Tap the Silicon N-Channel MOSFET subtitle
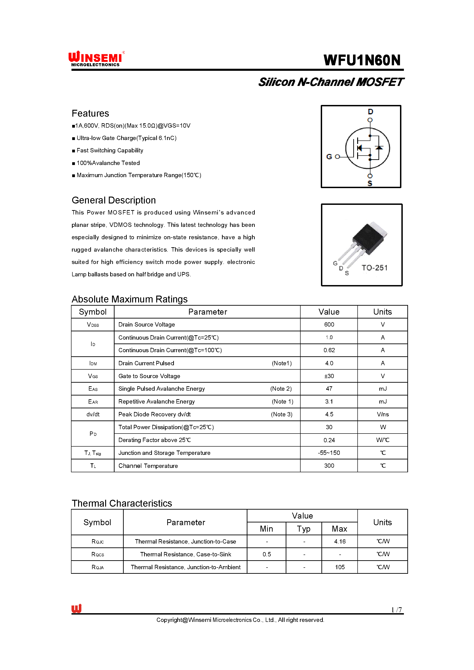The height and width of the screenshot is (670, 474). tap(331, 82)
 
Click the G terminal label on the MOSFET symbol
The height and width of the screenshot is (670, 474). tap(329, 157)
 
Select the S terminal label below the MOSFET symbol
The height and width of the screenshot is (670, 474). tap(370, 183)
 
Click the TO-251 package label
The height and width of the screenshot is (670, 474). tap(375, 268)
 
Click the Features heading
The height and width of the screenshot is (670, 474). tap(90, 113)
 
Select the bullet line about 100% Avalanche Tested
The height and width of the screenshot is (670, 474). tap(108, 163)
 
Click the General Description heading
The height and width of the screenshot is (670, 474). tap(114, 200)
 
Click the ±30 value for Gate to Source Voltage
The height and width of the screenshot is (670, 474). tap(329, 376)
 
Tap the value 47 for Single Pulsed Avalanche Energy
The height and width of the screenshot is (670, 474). tap(329, 389)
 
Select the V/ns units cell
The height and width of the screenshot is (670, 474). tap(383, 415)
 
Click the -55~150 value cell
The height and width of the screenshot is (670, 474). tap(329, 453)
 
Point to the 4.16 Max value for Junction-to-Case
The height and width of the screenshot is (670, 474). tap(340, 541)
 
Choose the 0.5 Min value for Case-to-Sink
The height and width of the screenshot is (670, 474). tap(266, 554)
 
